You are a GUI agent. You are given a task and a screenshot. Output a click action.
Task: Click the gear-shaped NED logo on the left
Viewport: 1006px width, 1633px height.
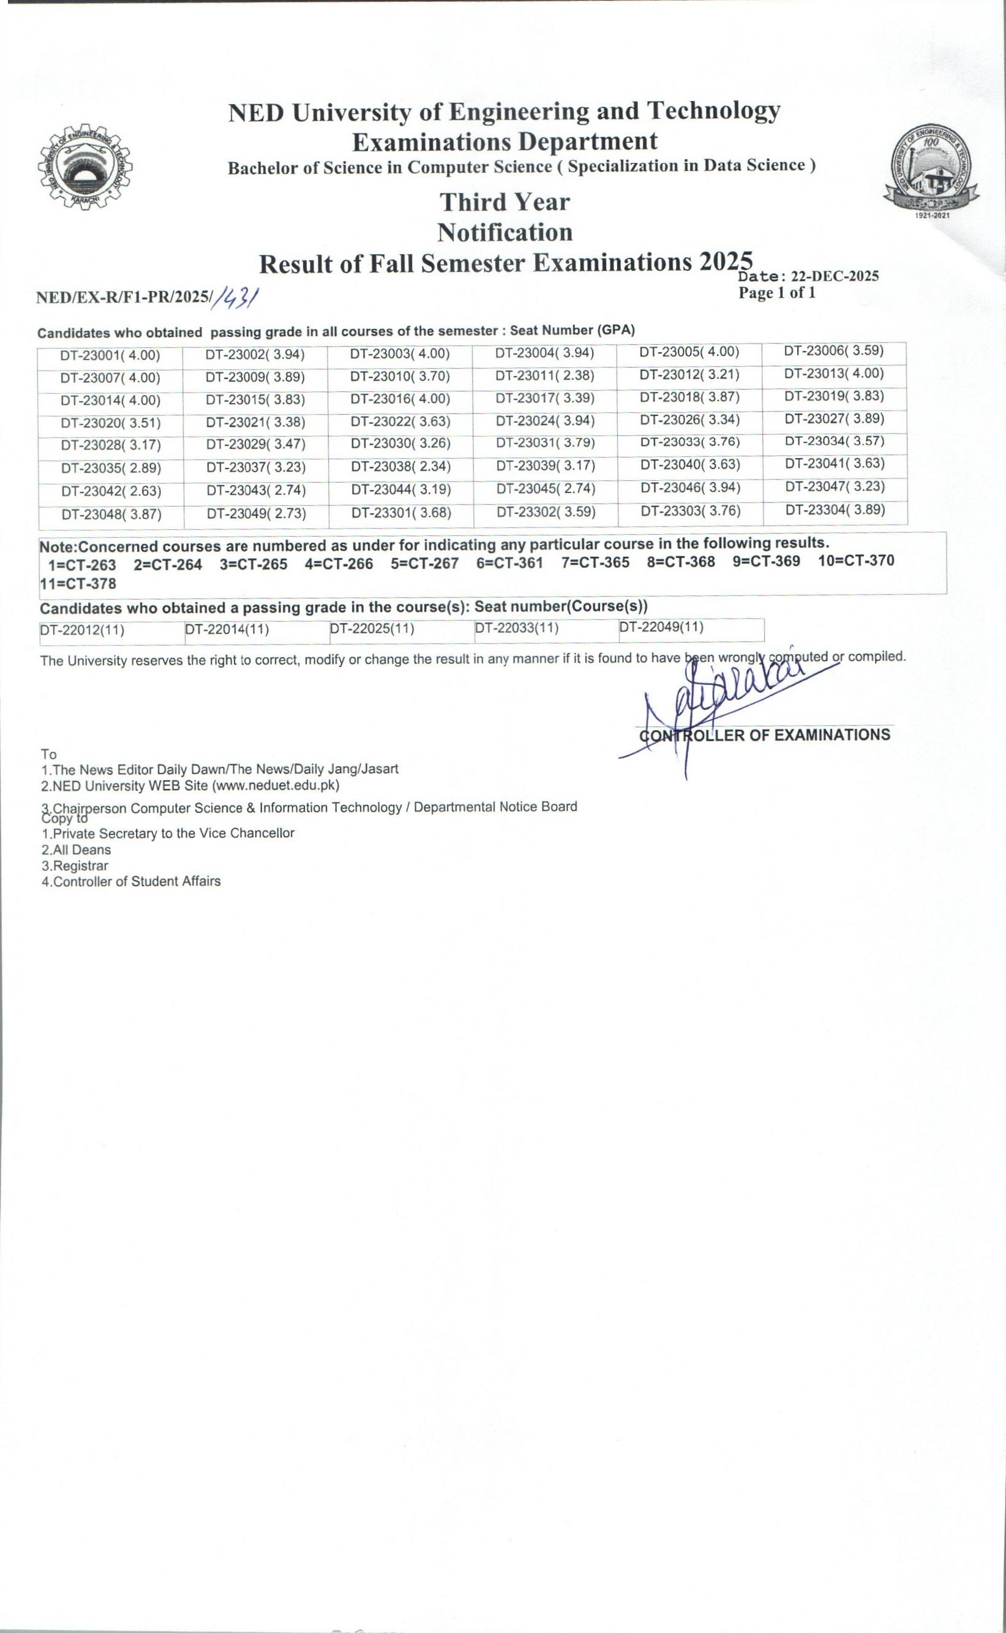tap(84, 167)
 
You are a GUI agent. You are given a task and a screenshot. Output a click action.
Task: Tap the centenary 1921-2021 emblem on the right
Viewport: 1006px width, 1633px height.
tap(931, 169)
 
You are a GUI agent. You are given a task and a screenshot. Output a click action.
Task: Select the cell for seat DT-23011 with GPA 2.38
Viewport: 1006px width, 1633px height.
tap(544, 376)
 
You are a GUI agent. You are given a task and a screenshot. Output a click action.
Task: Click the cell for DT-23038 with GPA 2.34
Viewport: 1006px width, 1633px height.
tap(400, 467)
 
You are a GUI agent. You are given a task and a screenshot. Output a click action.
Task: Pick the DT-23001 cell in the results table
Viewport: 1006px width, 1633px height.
tap(110, 355)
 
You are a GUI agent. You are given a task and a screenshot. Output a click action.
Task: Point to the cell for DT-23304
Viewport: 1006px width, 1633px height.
tap(835, 510)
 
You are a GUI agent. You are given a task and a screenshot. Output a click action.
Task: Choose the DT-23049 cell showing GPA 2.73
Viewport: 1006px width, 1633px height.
tap(256, 514)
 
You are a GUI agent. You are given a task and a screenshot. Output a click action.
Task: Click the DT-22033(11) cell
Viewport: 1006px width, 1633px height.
tap(516, 628)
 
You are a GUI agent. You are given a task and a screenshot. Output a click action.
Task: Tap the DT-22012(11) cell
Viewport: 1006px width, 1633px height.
tap(83, 630)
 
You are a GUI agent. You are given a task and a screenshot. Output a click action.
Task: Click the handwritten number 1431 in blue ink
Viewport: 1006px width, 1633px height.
tap(236, 298)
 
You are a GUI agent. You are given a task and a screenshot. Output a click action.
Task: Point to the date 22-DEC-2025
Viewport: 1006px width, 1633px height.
tap(835, 276)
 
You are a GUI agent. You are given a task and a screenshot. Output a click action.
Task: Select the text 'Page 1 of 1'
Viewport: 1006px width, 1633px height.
tap(776, 293)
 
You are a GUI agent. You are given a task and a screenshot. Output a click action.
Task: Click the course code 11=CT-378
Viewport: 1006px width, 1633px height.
tap(78, 584)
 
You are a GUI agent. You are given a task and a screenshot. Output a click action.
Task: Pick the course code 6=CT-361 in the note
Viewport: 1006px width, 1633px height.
tap(509, 563)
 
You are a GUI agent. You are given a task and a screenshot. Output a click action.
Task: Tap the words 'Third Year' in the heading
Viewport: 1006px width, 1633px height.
tap(505, 202)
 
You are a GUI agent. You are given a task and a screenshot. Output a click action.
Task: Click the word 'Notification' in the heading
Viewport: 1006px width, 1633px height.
tap(505, 233)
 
